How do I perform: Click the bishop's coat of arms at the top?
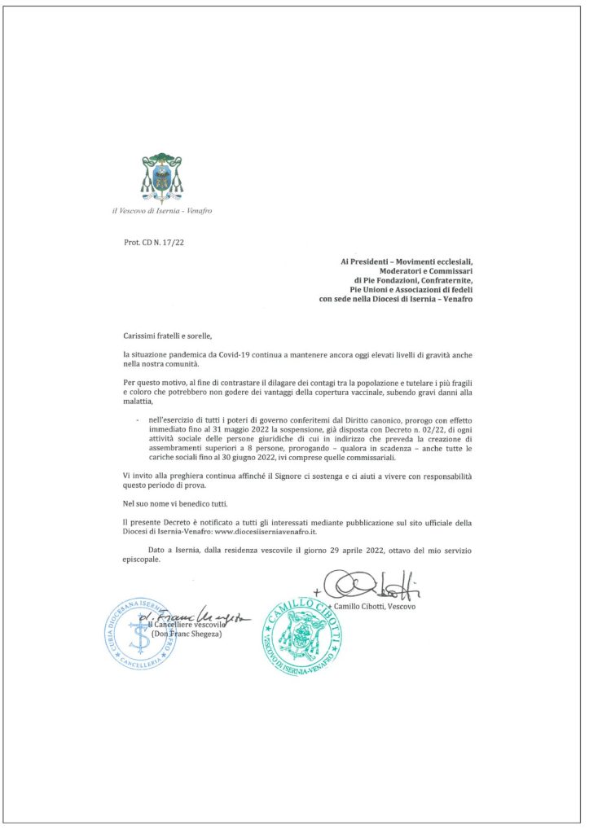point(162,176)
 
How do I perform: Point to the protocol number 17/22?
point(169,242)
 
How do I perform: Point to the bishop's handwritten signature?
point(371,585)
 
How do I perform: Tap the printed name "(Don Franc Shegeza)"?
point(187,634)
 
